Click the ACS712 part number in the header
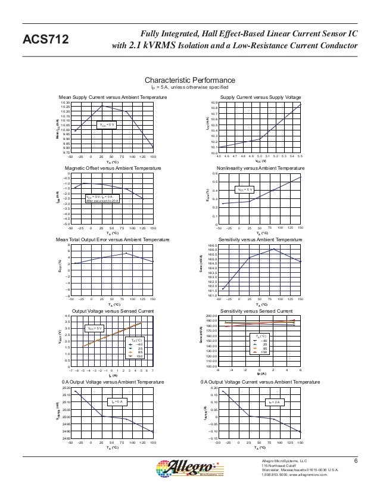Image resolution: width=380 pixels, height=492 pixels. (46, 40)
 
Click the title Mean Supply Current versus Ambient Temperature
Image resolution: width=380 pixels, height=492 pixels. (112, 96)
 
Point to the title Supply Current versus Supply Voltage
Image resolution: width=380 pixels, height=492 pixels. (260, 96)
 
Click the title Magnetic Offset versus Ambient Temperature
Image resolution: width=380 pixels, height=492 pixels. (112, 169)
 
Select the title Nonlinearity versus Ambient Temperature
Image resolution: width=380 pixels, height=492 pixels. (260, 169)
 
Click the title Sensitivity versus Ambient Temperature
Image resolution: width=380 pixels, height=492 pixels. (260, 239)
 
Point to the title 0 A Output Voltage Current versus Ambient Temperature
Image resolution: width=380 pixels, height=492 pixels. (260, 382)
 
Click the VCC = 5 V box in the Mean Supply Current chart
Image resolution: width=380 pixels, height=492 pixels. (107, 124)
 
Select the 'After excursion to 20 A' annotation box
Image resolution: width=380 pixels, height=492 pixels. (103, 199)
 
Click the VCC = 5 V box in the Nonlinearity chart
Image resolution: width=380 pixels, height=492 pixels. (245, 189)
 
